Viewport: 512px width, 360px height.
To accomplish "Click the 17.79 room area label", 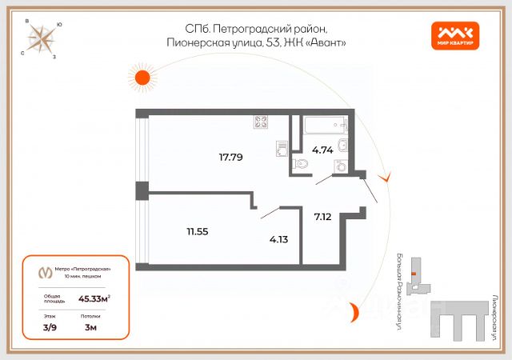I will (230, 157).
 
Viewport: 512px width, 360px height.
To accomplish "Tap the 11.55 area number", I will (198, 231).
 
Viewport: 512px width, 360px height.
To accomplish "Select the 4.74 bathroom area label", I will (323, 149).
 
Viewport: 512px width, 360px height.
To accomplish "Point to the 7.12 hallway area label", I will (323, 216).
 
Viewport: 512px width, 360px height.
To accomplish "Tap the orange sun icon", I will (142, 78).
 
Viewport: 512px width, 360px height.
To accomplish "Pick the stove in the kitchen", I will (261, 122).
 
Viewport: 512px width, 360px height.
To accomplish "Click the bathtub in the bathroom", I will (324, 125).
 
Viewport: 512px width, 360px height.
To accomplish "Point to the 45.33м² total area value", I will (94, 298).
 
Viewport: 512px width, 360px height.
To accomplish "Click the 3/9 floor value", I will (50, 327).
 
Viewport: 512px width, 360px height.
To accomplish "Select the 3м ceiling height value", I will (90, 327).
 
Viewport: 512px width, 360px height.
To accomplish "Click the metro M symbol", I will (45, 272).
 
